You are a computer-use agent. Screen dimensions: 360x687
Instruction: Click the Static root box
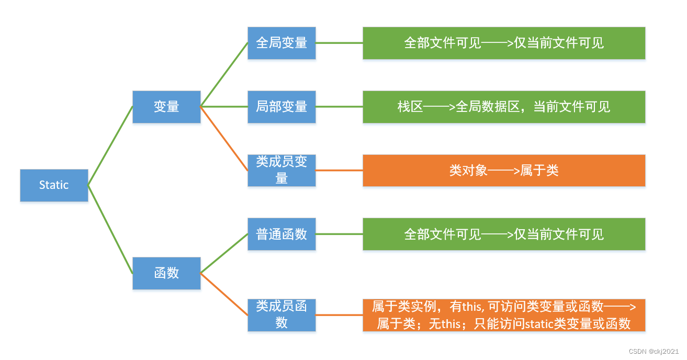[x=54, y=185]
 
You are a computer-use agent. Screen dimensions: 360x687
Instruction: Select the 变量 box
[x=166, y=107]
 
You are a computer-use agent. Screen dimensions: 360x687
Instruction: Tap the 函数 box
[x=166, y=273]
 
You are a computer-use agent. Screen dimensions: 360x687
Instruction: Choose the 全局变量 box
[x=281, y=43]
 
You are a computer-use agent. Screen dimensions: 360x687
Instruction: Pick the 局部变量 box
[x=281, y=107]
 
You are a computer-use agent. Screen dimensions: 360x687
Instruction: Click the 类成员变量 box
[x=281, y=170]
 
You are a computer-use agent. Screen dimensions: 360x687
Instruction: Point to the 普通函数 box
[x=281, y=234]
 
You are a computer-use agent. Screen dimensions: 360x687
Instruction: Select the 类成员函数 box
[x=281, y=315]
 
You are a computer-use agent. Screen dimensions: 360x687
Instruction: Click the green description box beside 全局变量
[x=504, y=43]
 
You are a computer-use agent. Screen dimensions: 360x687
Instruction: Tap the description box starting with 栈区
[x=504, y=107]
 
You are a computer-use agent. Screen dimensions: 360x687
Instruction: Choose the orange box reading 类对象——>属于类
[x=504, y=170]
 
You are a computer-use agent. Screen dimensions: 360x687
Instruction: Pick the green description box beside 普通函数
[x=504, y=234]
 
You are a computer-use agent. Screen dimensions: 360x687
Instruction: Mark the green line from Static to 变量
[x=110, y=146]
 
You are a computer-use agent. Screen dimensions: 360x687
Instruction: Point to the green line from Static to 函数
[x=110, y=229]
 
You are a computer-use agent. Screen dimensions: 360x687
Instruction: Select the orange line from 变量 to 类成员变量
[x=224, y=139]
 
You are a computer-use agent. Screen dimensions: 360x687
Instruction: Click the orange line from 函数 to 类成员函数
[x=224, y=294]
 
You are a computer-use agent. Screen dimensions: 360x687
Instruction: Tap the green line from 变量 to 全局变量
[x=224, y=75]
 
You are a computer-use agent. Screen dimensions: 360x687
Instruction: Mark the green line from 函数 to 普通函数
[x=224, y=254]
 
